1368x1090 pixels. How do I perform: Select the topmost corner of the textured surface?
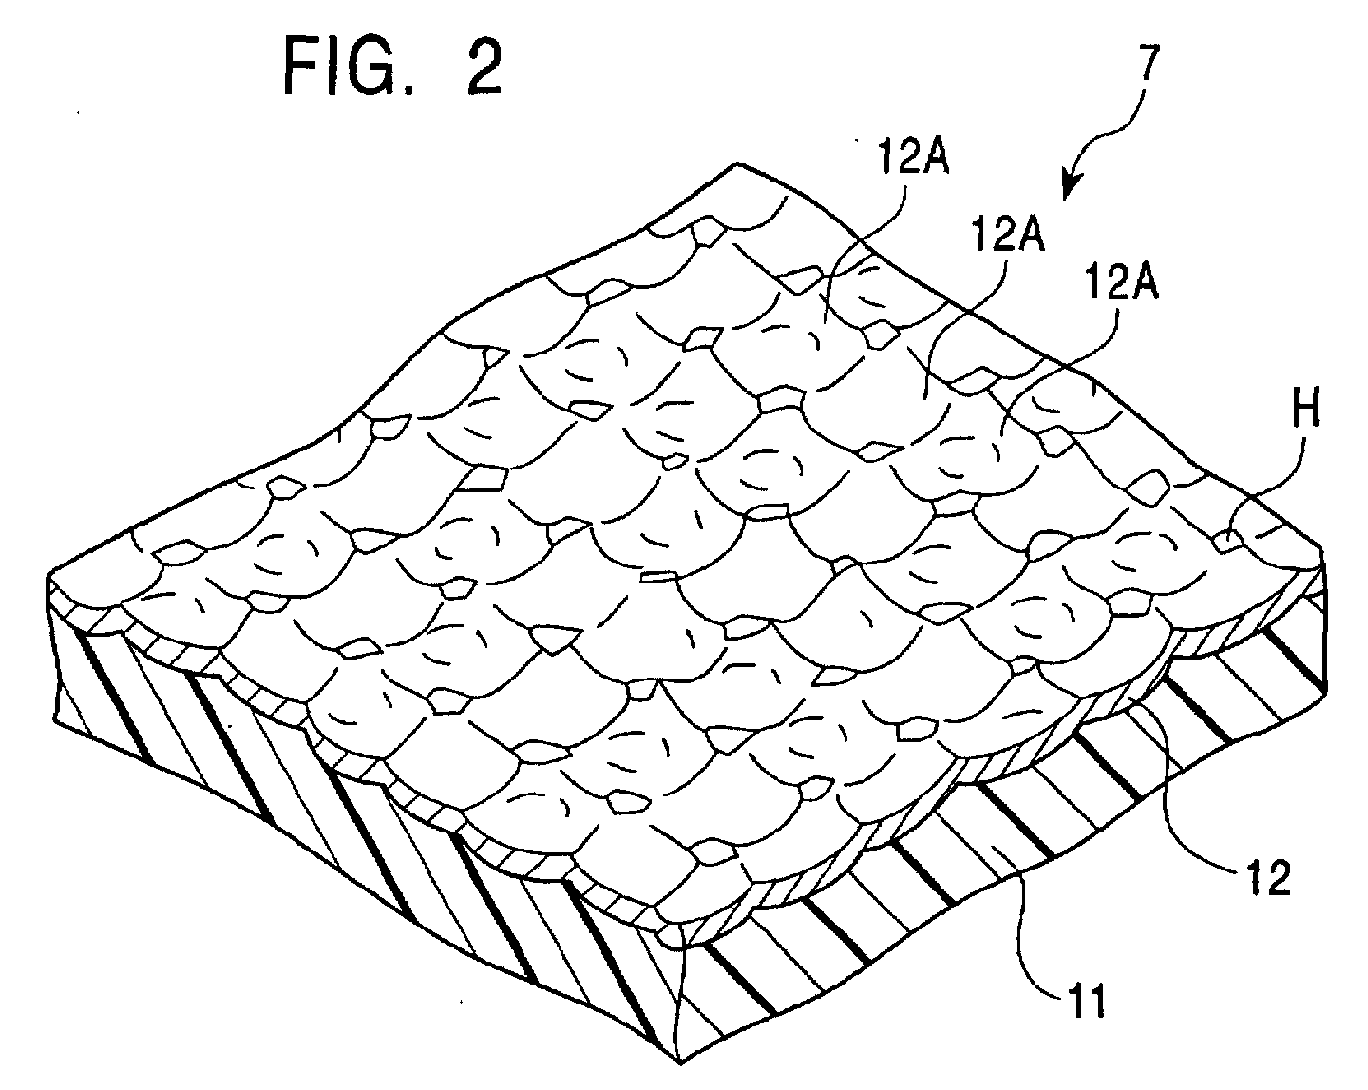(733, 166)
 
